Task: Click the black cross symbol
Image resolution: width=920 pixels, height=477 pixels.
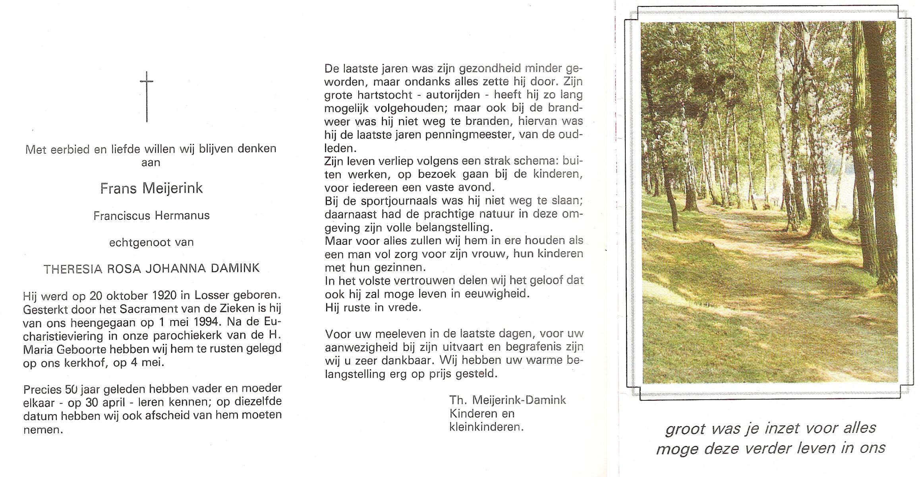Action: [x=147, y=96]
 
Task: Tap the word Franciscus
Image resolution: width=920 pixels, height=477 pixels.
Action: [x=122, y=216]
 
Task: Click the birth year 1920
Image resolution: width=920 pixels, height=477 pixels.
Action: [x=164, y=295]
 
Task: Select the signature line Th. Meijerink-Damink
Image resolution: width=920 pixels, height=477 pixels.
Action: [x=507, y=400]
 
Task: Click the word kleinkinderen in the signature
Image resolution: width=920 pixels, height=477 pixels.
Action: [x=486, y=427]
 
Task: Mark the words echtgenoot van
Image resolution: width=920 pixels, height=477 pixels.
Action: [x=151, y=242]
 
